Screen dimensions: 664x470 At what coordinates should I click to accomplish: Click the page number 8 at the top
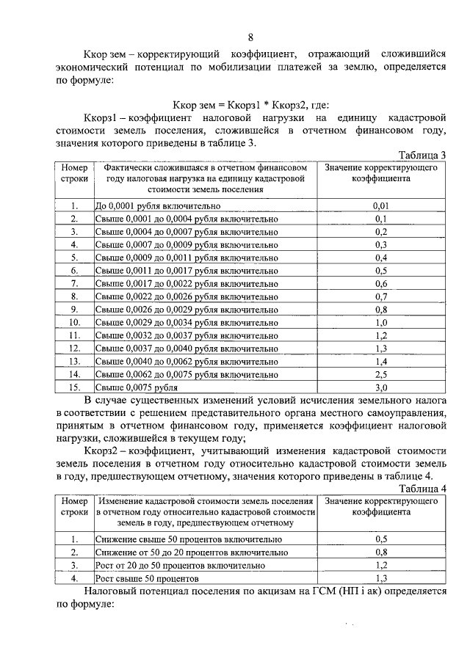click(x=250, y=37)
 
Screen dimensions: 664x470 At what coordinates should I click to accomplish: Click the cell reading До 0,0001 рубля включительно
click(x=159, y=206)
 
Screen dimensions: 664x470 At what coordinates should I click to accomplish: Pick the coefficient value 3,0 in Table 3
click(x=380, y=387)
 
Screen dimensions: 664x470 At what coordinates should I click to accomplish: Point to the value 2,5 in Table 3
click(x=380, y=373)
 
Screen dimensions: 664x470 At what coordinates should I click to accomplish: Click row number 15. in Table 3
click(x=73, y=387)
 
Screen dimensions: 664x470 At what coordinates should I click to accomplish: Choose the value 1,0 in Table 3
click(x=380, y=322)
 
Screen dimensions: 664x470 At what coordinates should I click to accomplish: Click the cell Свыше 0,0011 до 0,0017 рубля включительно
click(x=187, y=271)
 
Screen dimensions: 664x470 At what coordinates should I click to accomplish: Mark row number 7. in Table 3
click(x=73, y=283)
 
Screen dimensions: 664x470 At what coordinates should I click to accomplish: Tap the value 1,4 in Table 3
click(x=380, y=361)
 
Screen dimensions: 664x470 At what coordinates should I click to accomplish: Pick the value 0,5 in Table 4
click(x=380, y=539)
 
